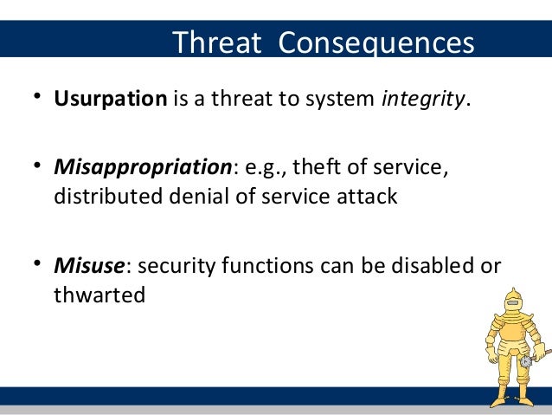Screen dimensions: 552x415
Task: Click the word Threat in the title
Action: [x=217, y=42]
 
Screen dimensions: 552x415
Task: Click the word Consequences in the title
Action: [x=376, y=43]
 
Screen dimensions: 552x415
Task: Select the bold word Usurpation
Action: [x=111, y=99]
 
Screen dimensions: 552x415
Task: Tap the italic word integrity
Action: [x=423, y=99]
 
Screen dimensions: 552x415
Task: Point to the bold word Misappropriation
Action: [x=143, y=167]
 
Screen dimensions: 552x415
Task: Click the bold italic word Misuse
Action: [x=89, y=265]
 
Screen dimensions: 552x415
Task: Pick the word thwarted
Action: [x=99, y=295]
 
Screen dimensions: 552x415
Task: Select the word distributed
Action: [x=108, y=196]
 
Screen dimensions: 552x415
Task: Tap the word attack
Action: [x=367, y=196]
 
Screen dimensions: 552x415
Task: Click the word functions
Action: [x=267, y=265]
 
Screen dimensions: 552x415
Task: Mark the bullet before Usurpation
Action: [x=37, y=96]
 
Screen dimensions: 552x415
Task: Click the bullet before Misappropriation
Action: [x=37, y=165]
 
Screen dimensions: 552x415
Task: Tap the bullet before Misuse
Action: [x=37, y=263]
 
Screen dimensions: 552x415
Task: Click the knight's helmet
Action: [x=513, y=301]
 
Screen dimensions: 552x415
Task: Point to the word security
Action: [x=176, y=266]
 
